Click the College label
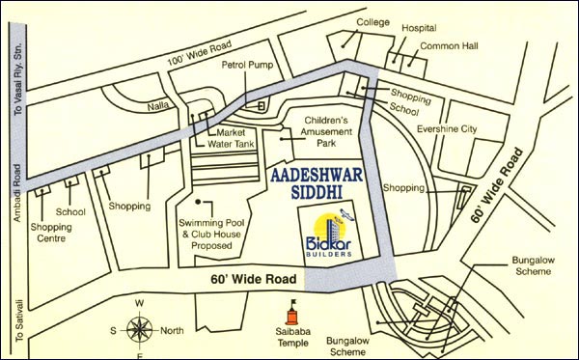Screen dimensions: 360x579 (x=372, y=21)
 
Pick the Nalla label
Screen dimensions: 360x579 (x=159, y=107)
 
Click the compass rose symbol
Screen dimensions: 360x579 (x=139, y=331)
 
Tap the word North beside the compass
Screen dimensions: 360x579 (x=172, y=331)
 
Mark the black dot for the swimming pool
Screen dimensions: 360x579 (x=198, y=203)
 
